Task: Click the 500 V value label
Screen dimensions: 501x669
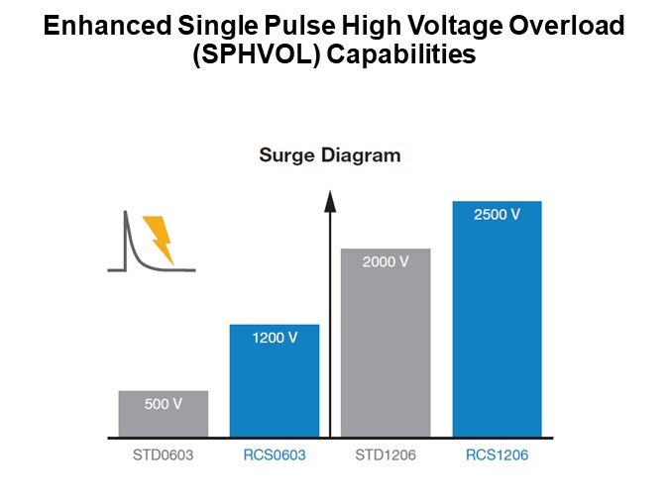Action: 164,404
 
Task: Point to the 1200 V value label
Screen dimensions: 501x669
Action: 275,338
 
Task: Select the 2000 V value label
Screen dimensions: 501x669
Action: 386,262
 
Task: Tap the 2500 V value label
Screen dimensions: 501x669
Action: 497,215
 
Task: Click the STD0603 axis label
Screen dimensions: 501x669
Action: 164,456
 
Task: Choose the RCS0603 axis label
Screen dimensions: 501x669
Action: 275,456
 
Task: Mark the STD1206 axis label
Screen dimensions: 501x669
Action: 386,456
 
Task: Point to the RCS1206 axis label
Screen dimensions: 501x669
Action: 497,456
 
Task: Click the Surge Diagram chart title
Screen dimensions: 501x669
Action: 329,155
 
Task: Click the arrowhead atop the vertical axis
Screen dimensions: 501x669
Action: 330,201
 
